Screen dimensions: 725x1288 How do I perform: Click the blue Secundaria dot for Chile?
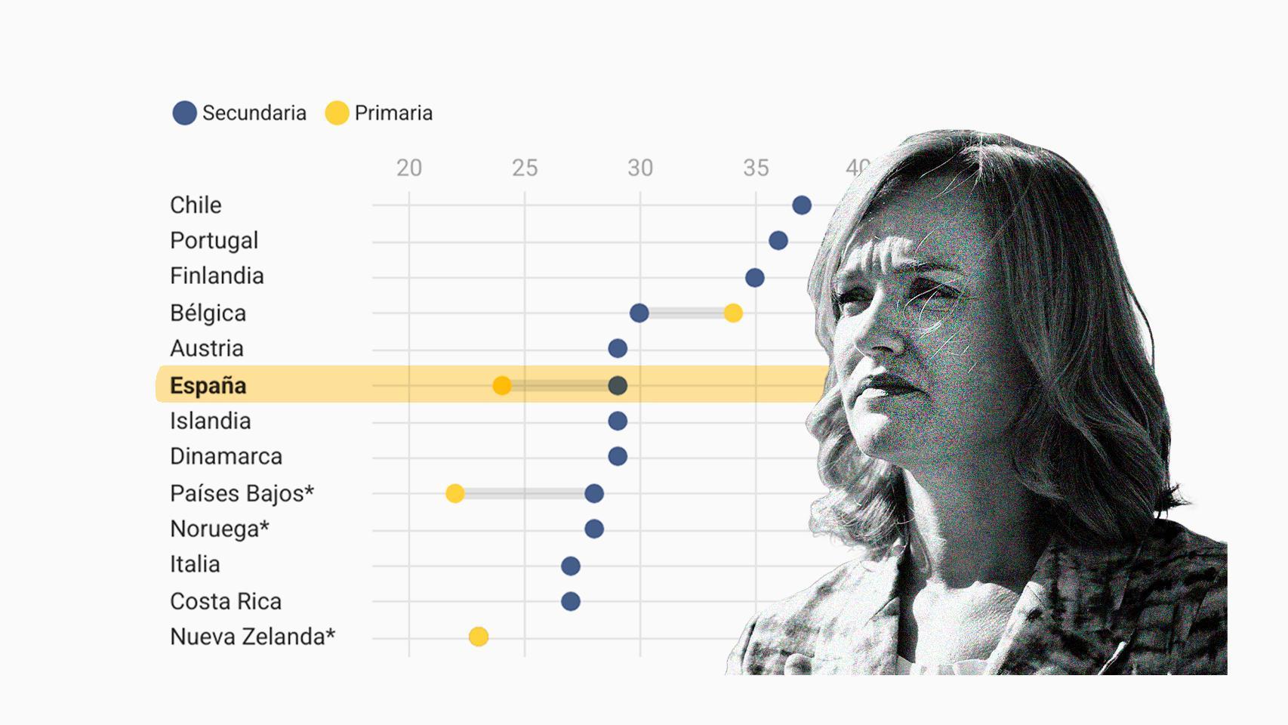(802, 205)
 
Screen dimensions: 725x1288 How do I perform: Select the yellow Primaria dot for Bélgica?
(732, 313)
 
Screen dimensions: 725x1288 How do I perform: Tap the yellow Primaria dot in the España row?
(501, 386)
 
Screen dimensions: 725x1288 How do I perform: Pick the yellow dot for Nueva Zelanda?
(478, 637)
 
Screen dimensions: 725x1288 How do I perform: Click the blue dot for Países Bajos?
(594, 494)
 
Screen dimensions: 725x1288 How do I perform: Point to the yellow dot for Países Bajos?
(454, 494)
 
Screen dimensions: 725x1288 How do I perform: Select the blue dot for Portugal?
(778, 241)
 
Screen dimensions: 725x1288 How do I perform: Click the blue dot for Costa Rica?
(571, 602)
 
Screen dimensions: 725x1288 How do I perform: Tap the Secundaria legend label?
(254, 113)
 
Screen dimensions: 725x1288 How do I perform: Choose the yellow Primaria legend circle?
(337, 113)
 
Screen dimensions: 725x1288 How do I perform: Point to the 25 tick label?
(525, 168)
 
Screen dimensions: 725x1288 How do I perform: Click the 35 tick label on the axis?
(756, 168)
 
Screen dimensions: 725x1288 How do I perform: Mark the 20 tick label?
(409, 168)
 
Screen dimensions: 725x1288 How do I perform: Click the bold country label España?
(208, 385)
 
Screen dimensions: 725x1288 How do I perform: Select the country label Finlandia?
(217, 276)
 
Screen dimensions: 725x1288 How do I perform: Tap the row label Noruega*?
(220, 529)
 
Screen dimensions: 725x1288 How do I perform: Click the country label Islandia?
(210, 421)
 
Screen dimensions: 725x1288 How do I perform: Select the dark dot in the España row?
(618, 386)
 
